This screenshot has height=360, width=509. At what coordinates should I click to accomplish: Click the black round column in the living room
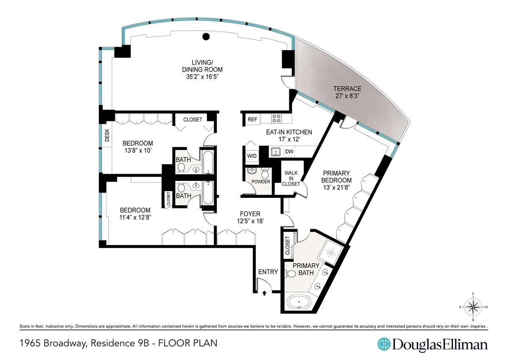[x=206, y=37]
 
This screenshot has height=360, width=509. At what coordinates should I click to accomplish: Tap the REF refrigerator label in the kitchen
[x=252, y=120]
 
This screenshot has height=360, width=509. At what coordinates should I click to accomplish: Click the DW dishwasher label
[x=290, y=151]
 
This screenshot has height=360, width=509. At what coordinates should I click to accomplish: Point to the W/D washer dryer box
[x=252, y=156]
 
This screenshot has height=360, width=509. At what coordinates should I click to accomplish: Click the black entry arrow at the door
[x=265, y=292]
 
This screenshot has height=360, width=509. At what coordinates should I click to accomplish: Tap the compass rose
[x=473, y=306]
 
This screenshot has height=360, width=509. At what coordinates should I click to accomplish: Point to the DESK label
[x=106, y=135]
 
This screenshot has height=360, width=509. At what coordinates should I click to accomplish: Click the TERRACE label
[x=347, y=89]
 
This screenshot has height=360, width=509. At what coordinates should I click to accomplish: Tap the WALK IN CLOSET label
[x=292, y=178]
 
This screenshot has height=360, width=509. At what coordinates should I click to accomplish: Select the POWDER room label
[x=261, y=182]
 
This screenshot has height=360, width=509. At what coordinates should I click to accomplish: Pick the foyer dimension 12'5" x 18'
[x=250, y=221]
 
